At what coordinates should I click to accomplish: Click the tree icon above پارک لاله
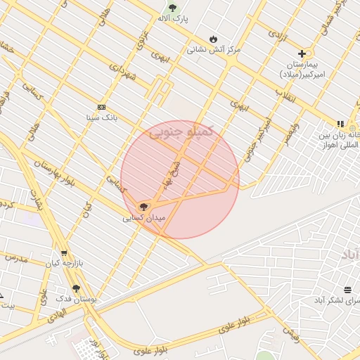coord(172,8)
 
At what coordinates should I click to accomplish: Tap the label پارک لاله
coord(172,18)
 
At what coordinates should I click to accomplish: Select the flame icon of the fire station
coord(213,39)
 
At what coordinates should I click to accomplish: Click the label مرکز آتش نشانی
coord(214,50)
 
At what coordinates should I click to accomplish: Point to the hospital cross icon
coord(302,53)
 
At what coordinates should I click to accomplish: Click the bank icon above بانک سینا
coord(101,107)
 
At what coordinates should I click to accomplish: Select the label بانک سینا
coord(101,117)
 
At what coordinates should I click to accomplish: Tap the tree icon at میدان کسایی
coord(144,207)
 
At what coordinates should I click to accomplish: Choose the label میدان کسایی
coord(144,218)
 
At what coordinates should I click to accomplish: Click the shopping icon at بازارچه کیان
coord(64,253)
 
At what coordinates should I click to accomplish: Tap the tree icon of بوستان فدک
coord(76,288)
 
